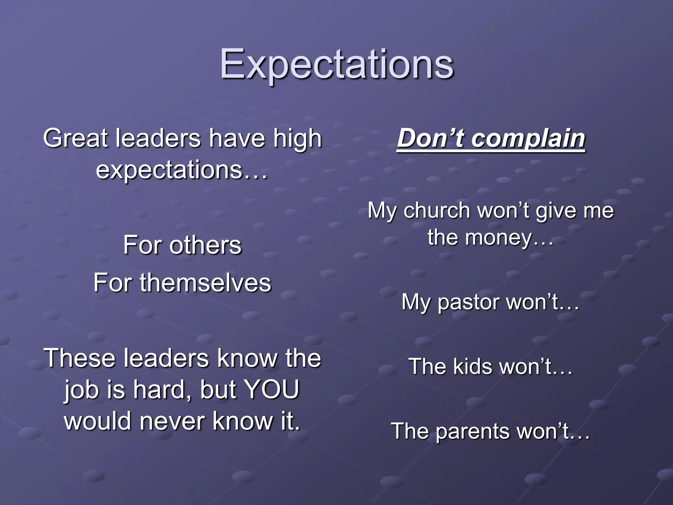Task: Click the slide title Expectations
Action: click(336, 64)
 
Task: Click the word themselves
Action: click(205, 283)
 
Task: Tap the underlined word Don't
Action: click(430, 138)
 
